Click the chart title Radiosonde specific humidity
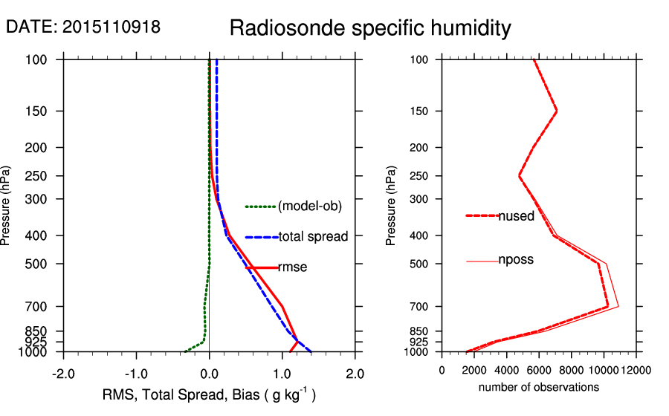(x=370, y=29)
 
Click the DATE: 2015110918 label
(x=83, y=27)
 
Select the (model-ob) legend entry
(x=309, y=207)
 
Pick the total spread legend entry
(x=313, y=237)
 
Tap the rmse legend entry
(x=293, y=267)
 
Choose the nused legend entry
(x=516, y=216)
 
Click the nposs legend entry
(x=516, y=260)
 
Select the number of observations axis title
(x=539, y=387)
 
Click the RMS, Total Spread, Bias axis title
(x=209, y=395)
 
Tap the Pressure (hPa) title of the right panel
(x=392, y=206)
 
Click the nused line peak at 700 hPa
(x=608, y=306)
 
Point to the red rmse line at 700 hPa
(x=282, y=306)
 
